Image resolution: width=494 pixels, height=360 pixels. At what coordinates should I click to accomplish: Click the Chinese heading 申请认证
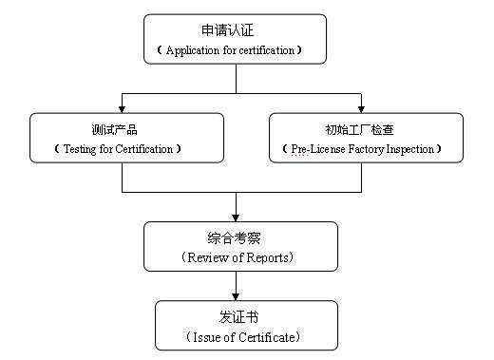[235, 29]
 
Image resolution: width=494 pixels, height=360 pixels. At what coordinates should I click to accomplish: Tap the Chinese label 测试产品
[127, 128]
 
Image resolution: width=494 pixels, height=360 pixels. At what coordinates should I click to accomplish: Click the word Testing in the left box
[82, 149]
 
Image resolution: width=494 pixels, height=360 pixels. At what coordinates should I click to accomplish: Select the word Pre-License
[312, 149]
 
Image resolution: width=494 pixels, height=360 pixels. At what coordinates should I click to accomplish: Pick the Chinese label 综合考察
[238, 237]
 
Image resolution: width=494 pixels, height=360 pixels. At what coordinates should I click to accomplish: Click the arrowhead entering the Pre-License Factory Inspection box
[361, 107]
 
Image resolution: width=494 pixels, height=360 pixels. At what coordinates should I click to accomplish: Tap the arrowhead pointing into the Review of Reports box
[236, 217]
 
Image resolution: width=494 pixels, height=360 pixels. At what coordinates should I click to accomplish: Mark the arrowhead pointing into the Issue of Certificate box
[236, 295]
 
